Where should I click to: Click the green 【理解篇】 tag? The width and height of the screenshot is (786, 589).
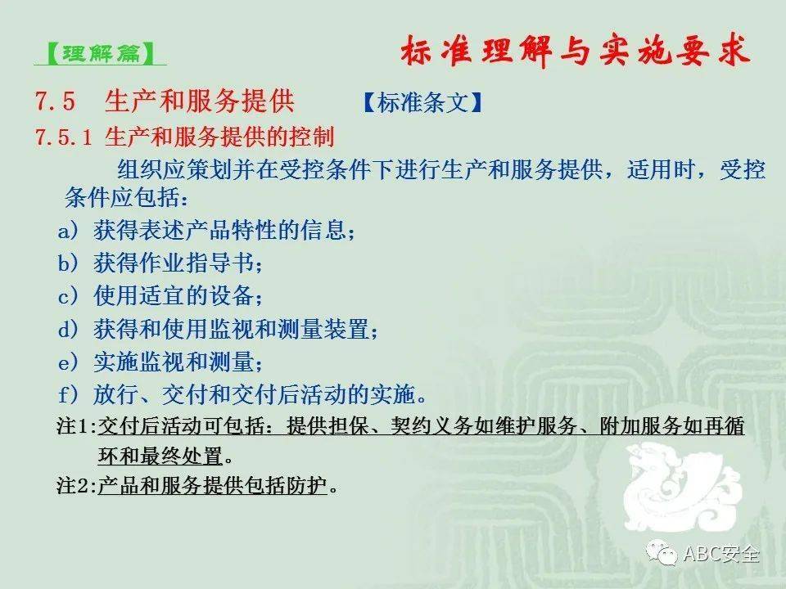tap(101, 53)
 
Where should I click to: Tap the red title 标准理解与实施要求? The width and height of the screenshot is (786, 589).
tap(576, 51)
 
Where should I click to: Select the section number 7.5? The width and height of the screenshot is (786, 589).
tap(55, 101)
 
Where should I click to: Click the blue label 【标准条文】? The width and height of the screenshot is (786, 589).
tap(422, 103)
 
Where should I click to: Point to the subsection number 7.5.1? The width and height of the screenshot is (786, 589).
tap(63, 137)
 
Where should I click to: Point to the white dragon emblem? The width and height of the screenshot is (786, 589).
tap(683, 486)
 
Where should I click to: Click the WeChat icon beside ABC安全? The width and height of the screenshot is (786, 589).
tap(662, 552)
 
